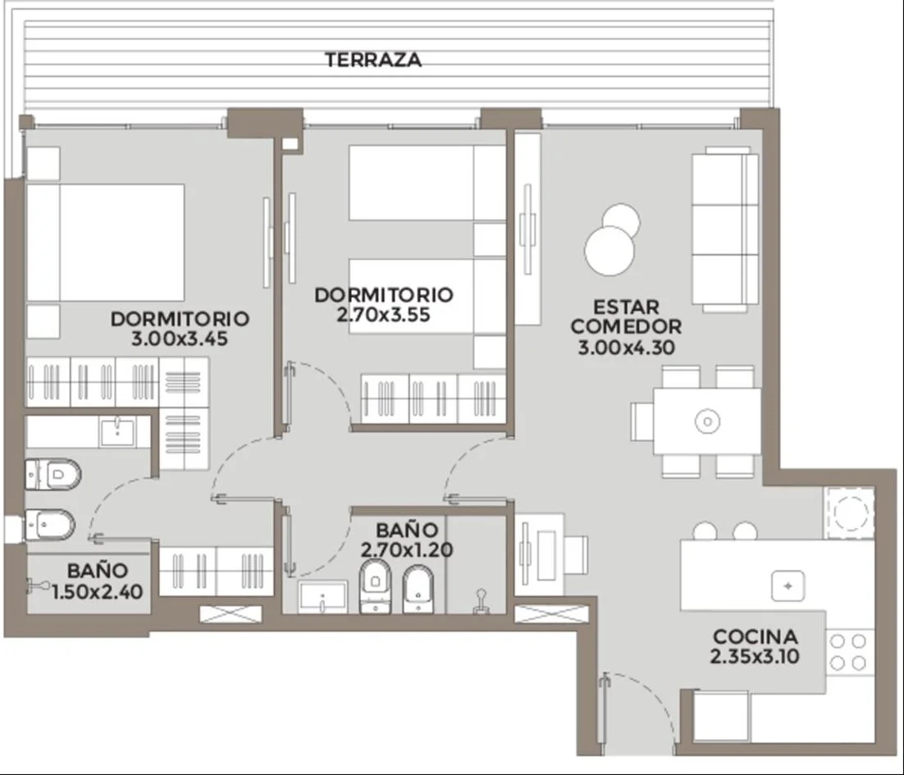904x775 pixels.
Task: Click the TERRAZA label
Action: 373,60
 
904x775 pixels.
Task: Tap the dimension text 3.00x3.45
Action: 180,338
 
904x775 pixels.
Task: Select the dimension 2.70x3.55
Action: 383,315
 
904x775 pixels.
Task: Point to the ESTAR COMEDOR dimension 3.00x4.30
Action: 626,348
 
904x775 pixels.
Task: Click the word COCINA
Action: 756,636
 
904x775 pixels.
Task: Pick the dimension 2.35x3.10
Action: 755,656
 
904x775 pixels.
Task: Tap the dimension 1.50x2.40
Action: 98,592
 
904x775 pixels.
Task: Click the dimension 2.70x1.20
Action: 407,549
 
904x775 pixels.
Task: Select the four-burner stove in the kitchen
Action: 848,652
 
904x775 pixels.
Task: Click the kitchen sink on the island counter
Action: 788,586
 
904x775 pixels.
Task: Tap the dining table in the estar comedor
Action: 707,422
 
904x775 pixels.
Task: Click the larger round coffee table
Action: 610,251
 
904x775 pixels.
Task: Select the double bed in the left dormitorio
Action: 106,243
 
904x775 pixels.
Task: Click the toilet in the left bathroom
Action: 53,474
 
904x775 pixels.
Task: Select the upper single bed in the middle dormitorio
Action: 427,183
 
